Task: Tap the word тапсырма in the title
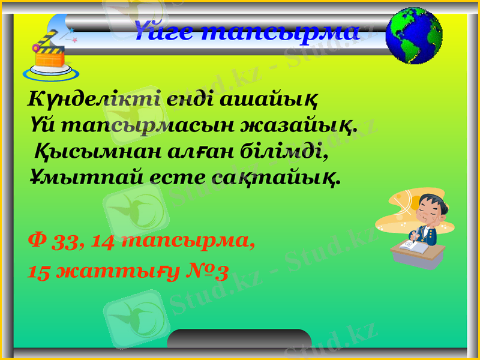280,31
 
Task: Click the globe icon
414,36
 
